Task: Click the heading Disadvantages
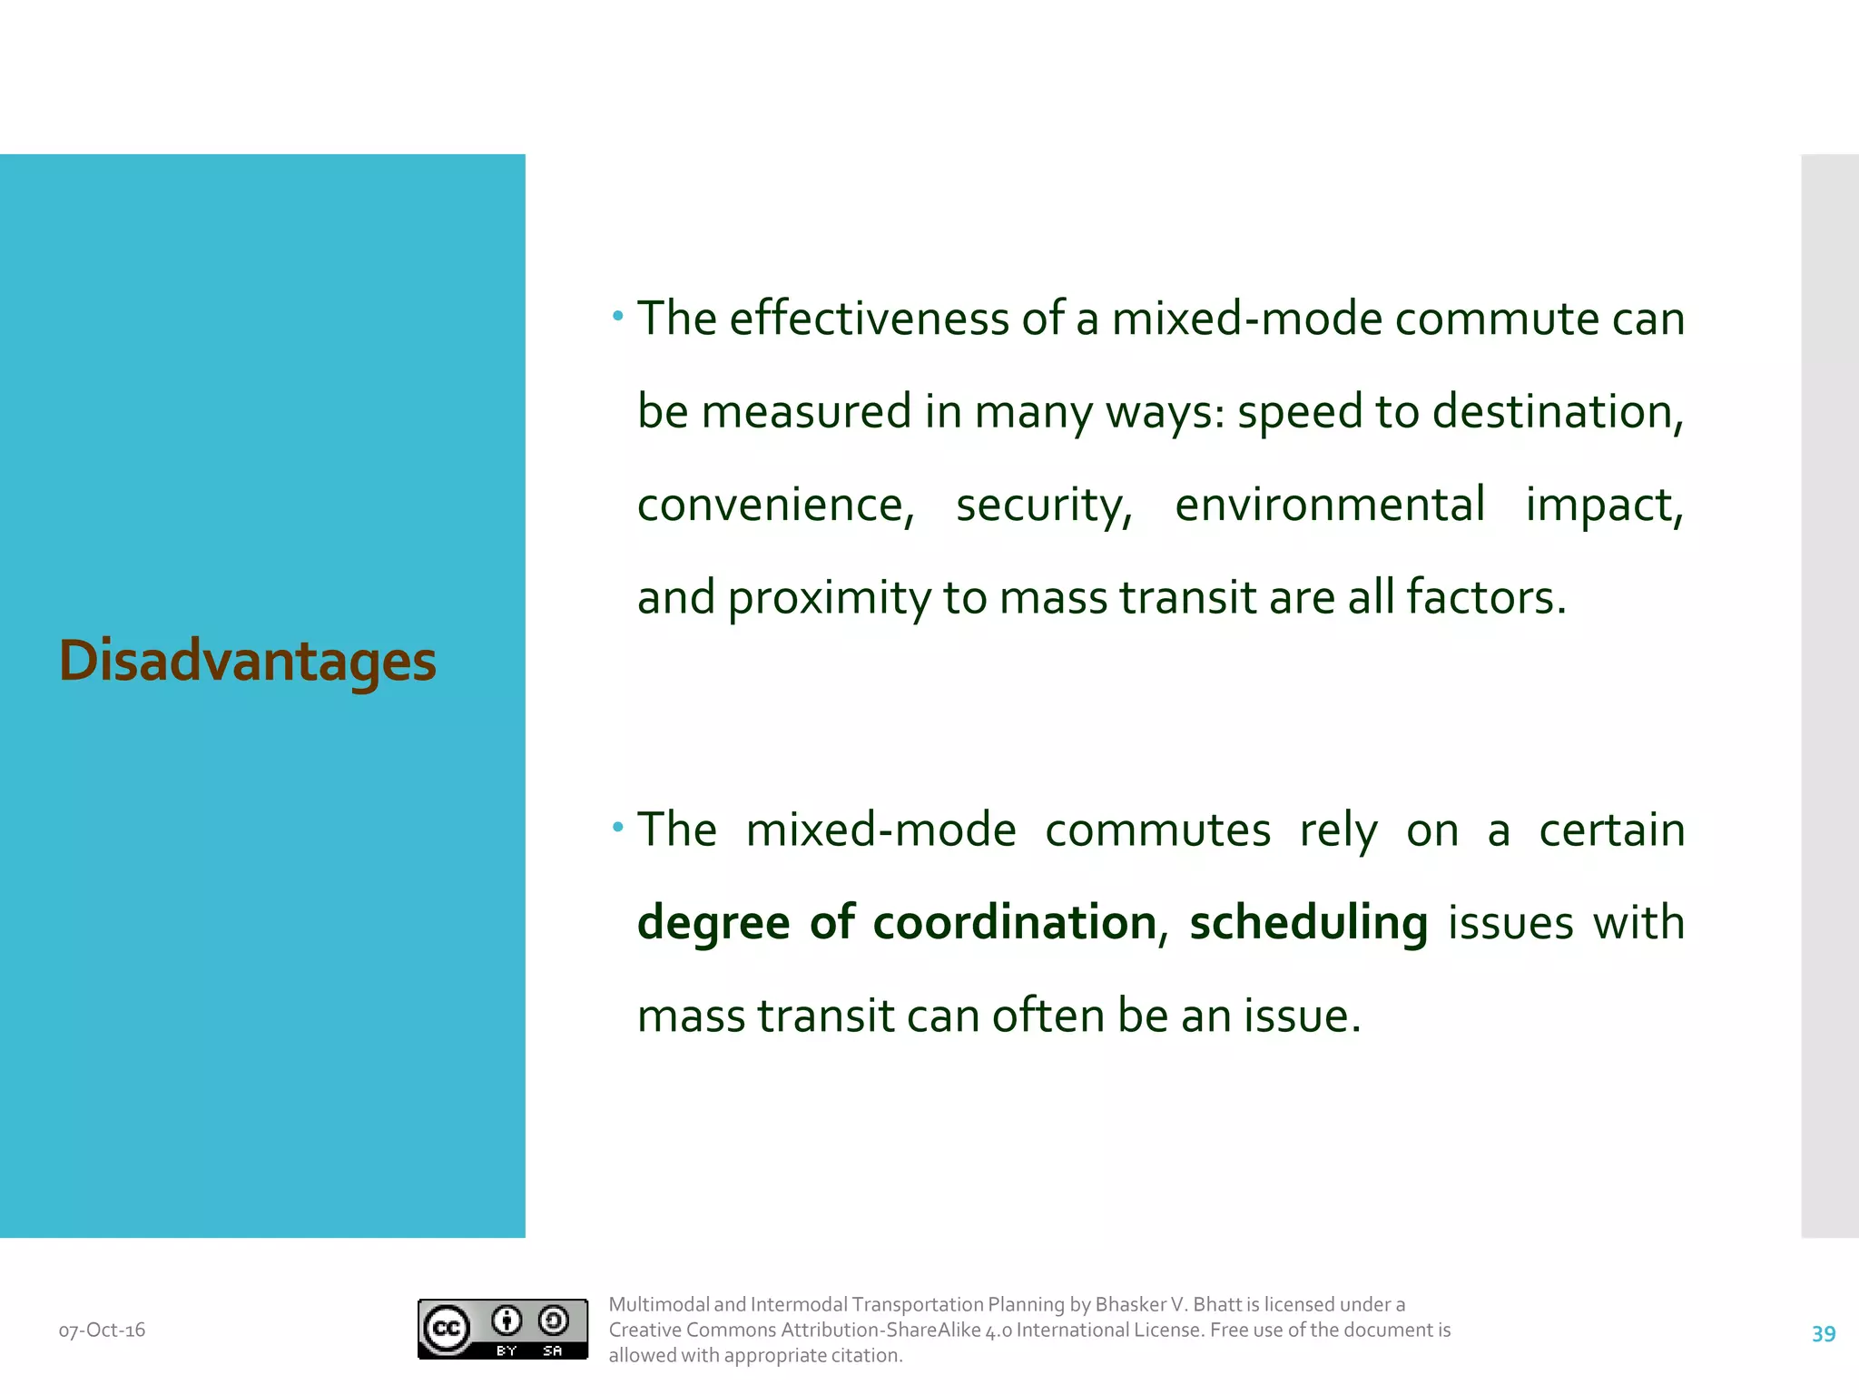[x=247, y=661]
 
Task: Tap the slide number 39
[x=1823, y=1333]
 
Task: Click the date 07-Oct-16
[x=102, y=1330]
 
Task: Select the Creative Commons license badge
[x=502, y=1329]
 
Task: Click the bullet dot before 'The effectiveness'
[x=618, y=317]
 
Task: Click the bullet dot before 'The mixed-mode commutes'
[x=618, y=827]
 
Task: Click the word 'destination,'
[x=1558, y=412]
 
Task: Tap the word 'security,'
[x=1045, y=506]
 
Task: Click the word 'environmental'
[x=1330, y=505]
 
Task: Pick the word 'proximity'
[x=829, y=599]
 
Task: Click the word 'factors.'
[x=1486, y=597]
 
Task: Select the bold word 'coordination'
[x=1014, y=923]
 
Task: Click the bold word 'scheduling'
[x=1308, y=924]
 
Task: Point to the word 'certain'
[x=1612, y=830]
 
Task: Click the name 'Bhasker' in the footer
[x=1130, y=1304]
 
